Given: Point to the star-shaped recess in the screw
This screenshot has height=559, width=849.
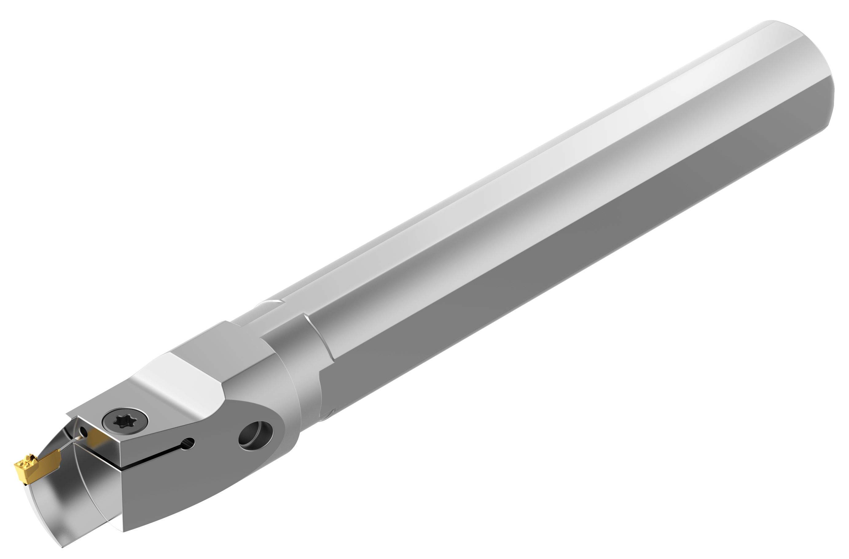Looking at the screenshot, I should coord(121,422).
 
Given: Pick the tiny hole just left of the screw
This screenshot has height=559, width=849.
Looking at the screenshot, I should coord(84,432).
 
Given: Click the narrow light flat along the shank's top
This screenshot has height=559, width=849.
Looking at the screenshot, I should coord(464,200).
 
